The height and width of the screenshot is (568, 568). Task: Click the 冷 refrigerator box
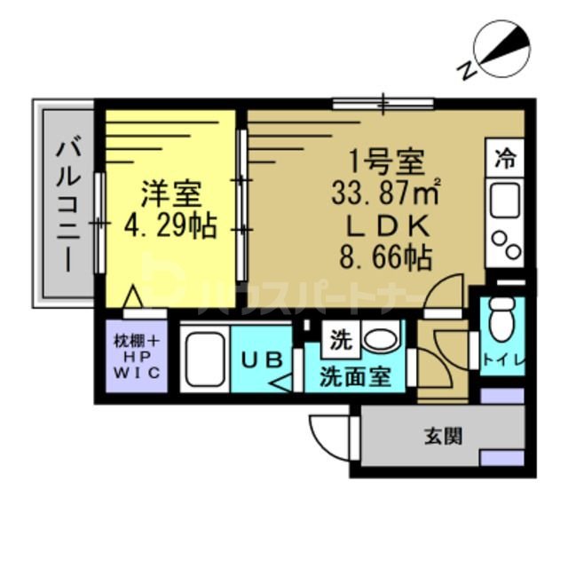click(506, 159)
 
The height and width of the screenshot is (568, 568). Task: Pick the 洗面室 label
click(355, 375)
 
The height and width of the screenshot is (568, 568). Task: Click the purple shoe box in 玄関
click(501, 458)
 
